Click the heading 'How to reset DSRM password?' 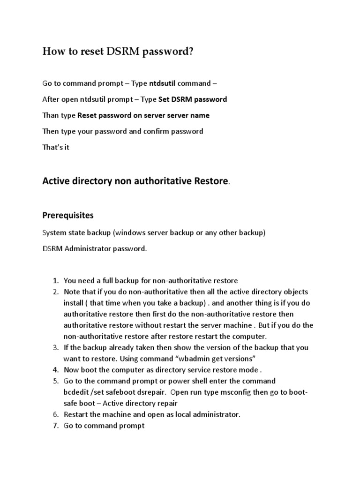118,52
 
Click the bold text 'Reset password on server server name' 143,115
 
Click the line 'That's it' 56,147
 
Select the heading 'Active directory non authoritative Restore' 135,181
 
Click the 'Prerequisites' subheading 68,216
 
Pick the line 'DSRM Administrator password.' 95,249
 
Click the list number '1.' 55,281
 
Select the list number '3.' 55,348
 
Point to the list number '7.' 55,426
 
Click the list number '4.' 55,370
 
